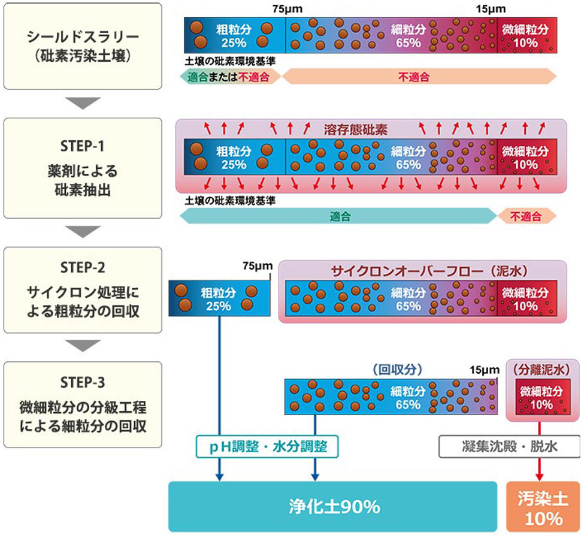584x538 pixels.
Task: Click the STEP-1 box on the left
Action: click(x=83, y=168)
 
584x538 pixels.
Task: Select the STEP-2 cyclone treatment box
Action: click(x=83, y=289)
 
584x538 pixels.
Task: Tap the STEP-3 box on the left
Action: click(x=83, y=404)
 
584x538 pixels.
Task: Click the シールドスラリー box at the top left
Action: click(x=83, y=46)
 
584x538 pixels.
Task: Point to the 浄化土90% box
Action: click(x=332, y=507)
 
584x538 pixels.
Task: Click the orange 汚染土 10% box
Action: click(x=538, y=507)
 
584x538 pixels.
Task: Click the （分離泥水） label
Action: click(x=538, y=369)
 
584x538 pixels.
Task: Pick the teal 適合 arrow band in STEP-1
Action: click(x=338, y=216)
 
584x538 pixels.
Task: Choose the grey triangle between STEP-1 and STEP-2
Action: click(x=83, y=231)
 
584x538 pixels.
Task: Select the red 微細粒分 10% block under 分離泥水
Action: click(x=541, y=397)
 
